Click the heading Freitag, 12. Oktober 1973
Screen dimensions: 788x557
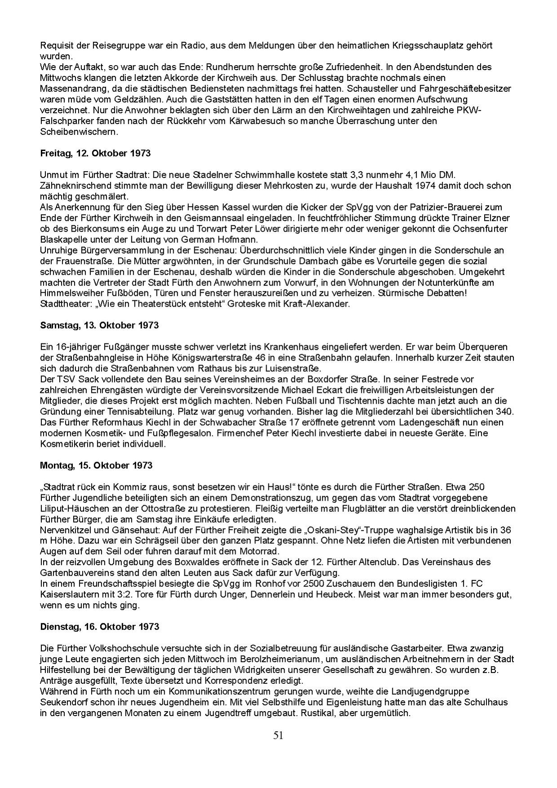pos(95,153)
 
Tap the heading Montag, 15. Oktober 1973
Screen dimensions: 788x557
pos(96,465)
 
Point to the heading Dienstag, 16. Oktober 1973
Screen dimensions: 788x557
pos(99,626)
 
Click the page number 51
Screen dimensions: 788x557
pos(278,735)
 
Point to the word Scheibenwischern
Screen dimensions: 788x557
pos(79,132)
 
